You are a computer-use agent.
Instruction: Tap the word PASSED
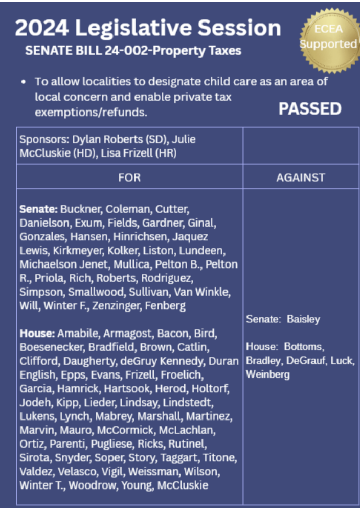click(x=310, y=109)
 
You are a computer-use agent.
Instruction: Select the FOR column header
click(x=129, y=178)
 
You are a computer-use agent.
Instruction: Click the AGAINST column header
click(x=301, y=178)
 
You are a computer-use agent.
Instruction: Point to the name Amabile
click(x=78, y=334)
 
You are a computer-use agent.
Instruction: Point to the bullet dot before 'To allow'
click(x=24, y=82)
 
